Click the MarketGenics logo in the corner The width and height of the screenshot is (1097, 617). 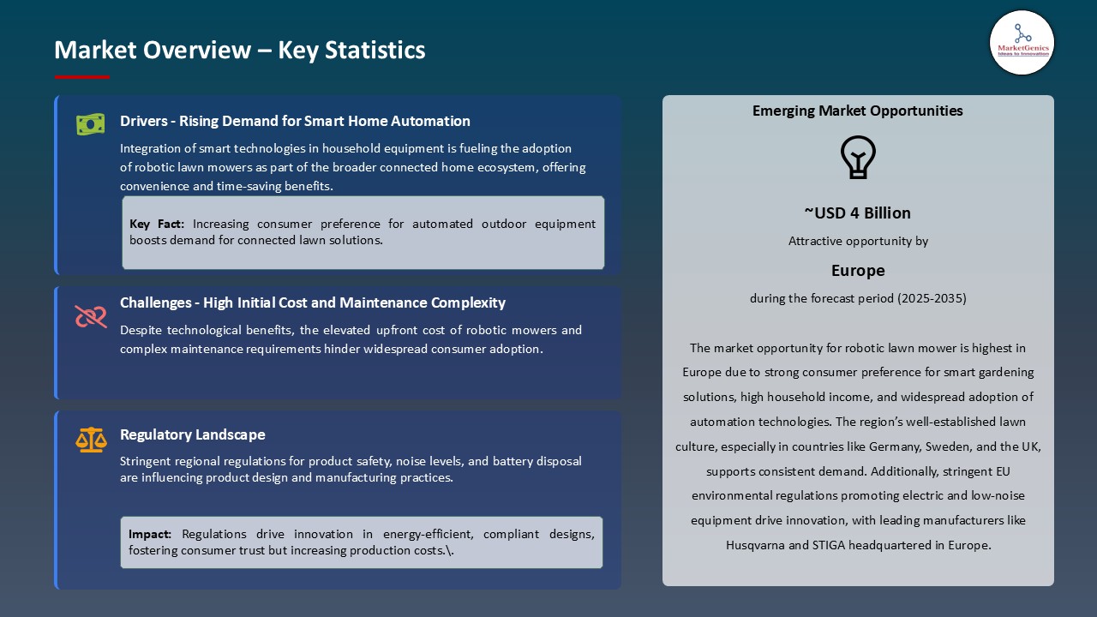coord(1022,42)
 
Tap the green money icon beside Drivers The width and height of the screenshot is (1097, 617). coord(90,124)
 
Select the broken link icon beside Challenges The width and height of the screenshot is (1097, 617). coord(91,317)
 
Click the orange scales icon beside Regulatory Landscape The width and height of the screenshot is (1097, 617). coord(91,440)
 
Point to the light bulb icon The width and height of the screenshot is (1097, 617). coord(858,158)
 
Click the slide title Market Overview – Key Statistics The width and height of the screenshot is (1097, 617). coord(239,51)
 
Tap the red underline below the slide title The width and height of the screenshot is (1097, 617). coord(82,77)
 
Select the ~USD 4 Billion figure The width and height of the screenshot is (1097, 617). coord(858,213)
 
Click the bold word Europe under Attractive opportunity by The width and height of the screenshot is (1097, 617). coord(858,271)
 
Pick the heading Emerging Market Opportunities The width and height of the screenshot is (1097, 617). coord(858,111)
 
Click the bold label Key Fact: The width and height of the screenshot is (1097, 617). coord(157,225)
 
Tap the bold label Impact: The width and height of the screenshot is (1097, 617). coord(150,535)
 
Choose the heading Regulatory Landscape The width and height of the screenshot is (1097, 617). coord(193,434)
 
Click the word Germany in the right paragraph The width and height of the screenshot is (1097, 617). coord(868,446)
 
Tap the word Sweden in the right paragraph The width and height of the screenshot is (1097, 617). coord(925,446)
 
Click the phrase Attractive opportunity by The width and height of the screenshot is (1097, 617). coord(858,242)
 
